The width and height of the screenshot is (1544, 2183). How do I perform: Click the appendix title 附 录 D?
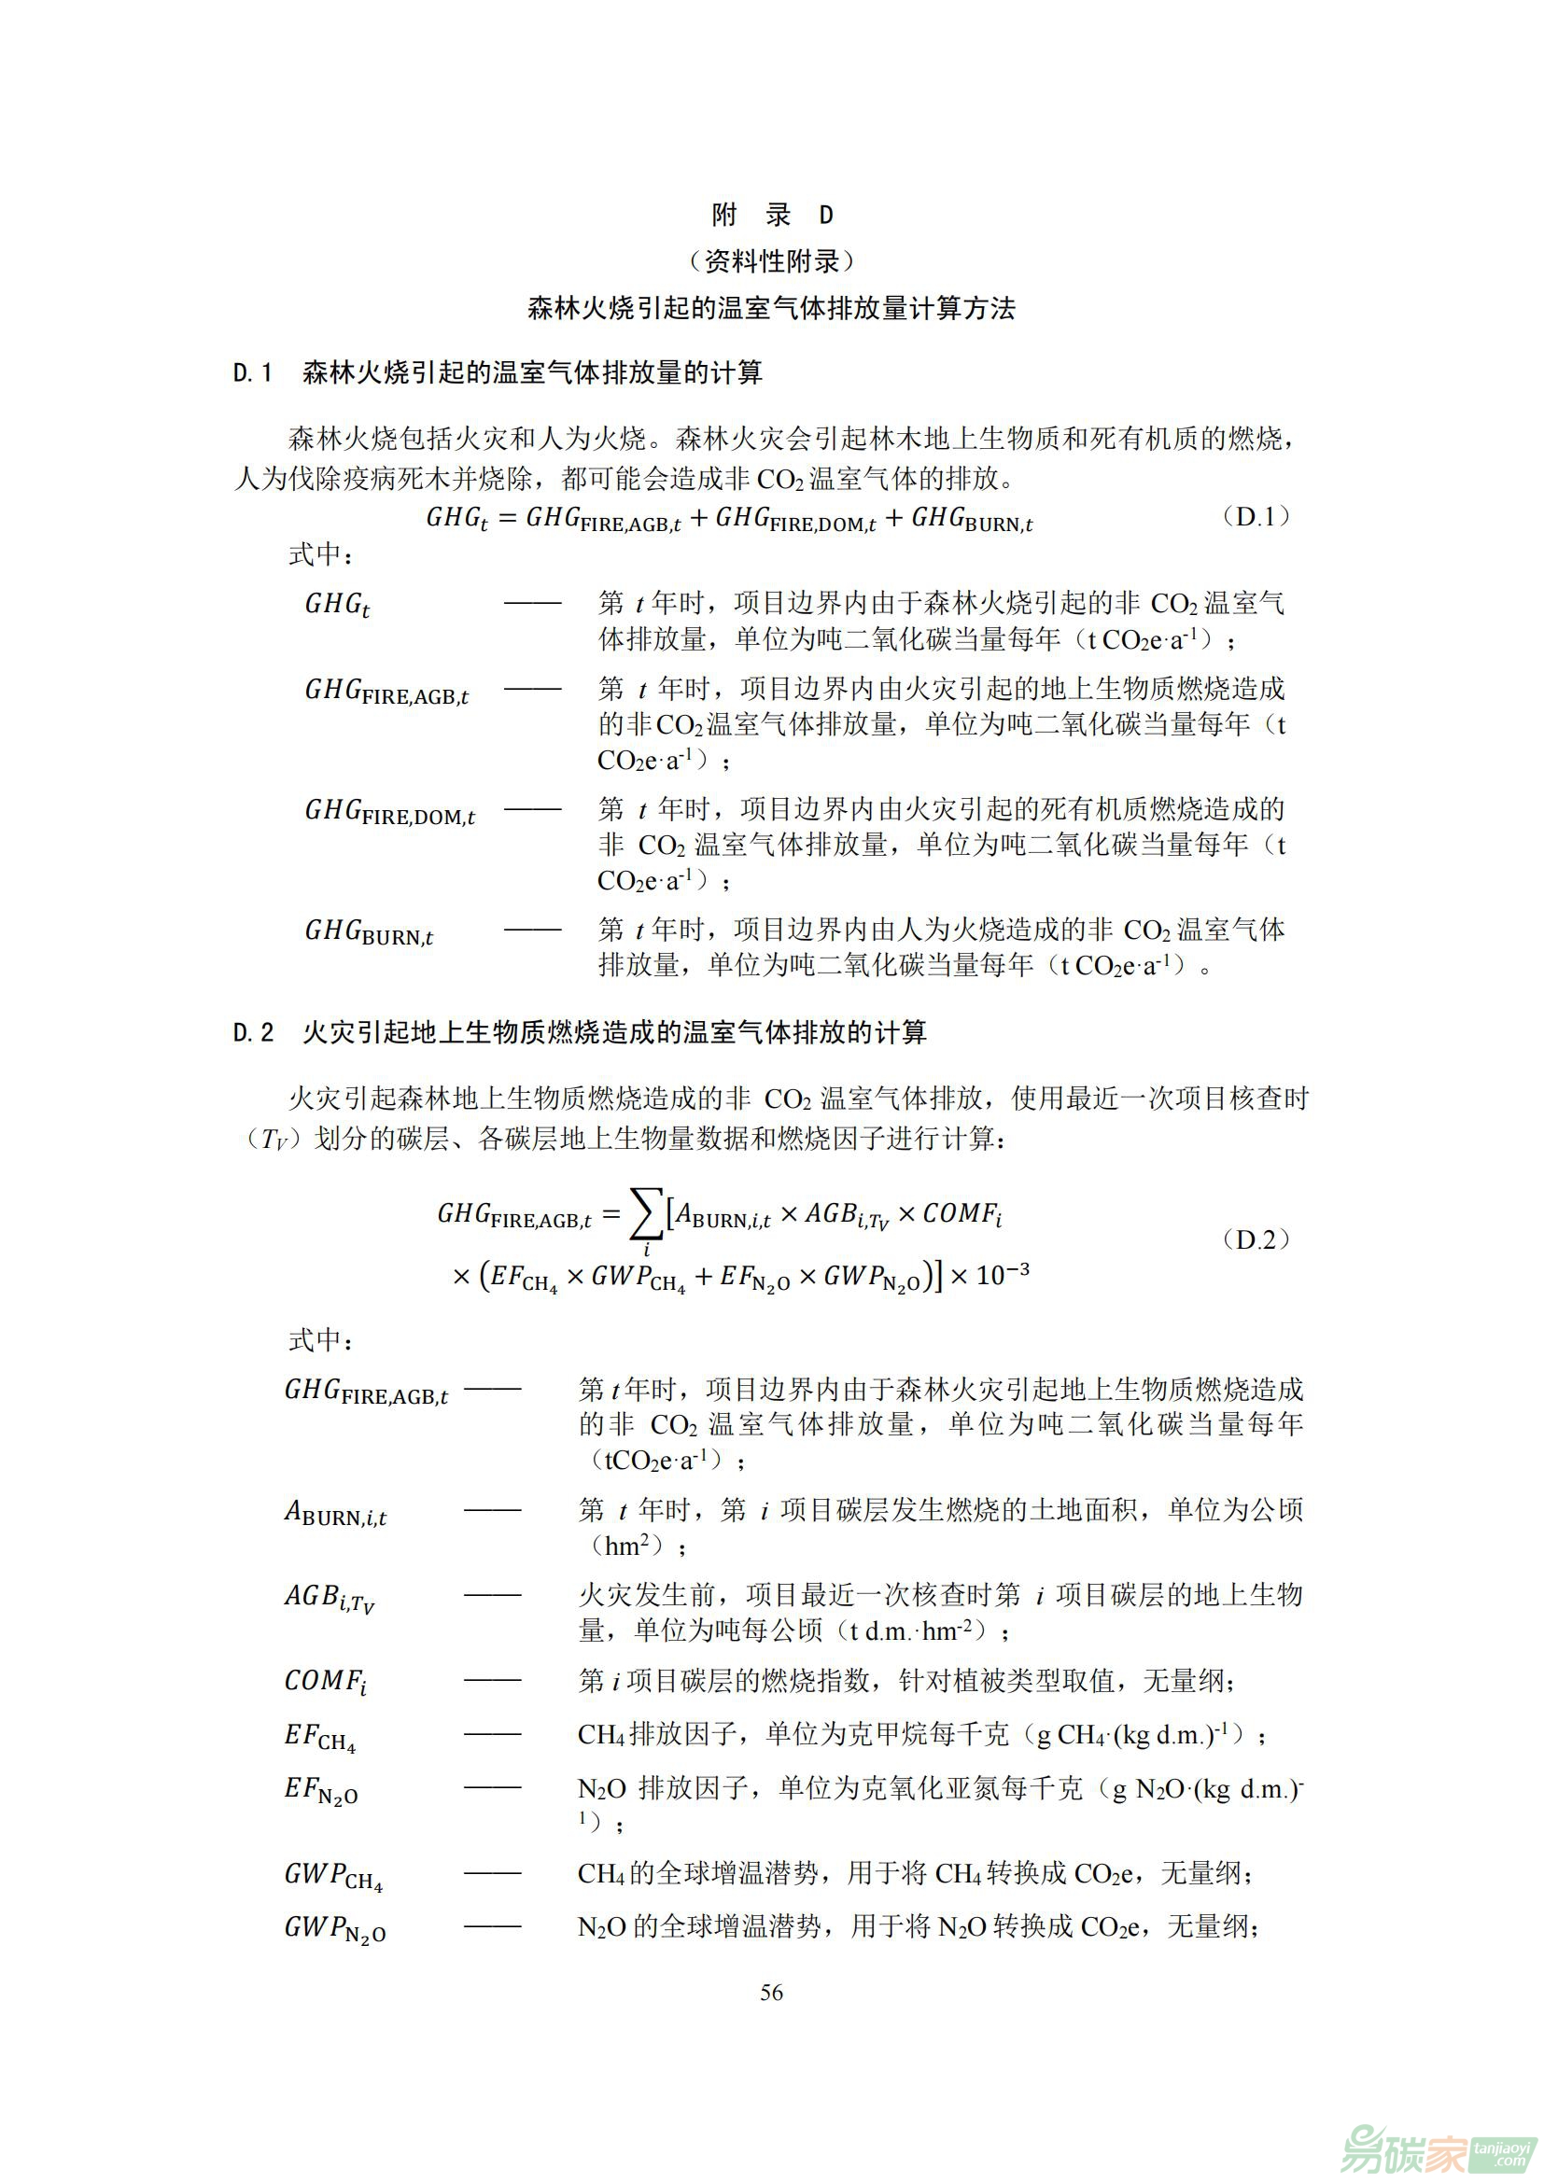771,216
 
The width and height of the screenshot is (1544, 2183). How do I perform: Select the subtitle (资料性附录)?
771,260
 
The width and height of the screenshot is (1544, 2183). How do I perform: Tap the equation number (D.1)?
1255,516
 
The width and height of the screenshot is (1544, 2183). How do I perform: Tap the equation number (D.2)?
1255,1239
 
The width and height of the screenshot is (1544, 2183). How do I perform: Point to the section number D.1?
253,372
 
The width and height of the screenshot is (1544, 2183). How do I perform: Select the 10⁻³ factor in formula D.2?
1002,1274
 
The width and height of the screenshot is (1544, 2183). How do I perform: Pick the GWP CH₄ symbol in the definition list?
332,1876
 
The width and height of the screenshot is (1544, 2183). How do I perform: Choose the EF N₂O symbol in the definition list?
321,1790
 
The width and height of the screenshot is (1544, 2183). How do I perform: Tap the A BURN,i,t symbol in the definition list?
335,1513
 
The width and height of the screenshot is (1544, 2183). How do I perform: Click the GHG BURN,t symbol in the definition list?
368,931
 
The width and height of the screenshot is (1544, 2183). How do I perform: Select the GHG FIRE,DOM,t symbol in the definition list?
389,811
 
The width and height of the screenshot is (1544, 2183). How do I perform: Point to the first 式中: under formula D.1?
320,554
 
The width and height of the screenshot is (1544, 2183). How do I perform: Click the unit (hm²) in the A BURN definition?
627,1546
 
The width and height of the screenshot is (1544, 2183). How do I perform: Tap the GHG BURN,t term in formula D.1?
972,519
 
